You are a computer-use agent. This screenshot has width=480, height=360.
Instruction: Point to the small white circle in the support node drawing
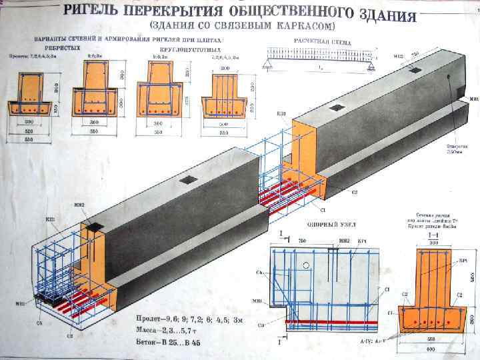306,265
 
